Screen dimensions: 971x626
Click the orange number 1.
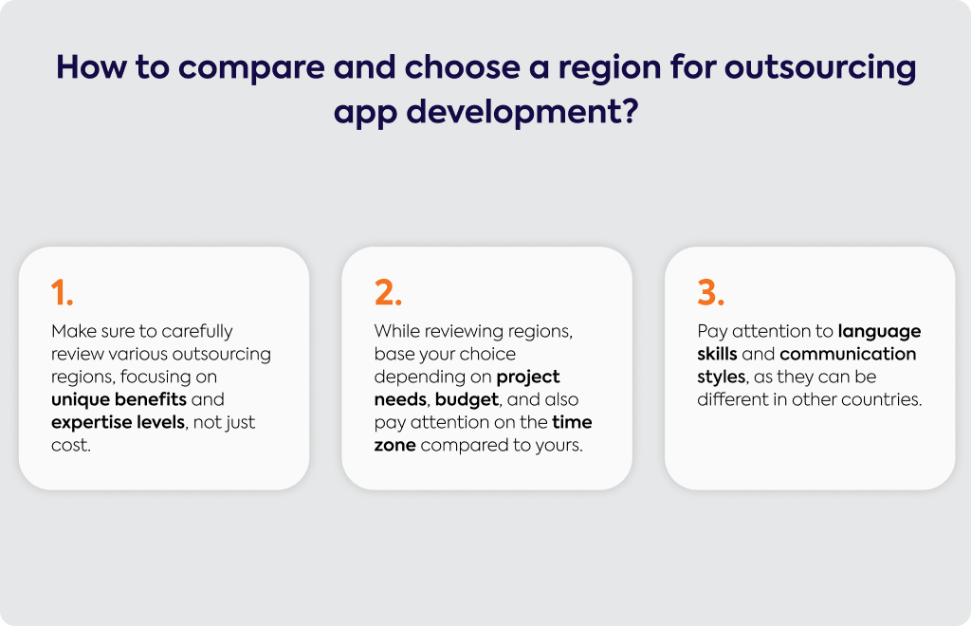[62, 292]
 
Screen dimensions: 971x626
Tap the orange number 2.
[388, 292]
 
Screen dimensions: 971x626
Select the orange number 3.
[711, 292]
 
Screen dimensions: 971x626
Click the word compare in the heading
[251, 67]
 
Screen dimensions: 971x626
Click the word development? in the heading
[522, 113]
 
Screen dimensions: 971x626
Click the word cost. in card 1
[70, 445]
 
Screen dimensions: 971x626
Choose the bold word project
[528, 377]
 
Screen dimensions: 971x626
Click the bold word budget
[467, 400]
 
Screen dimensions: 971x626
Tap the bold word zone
[395, 445]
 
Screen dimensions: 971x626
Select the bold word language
[879, 332]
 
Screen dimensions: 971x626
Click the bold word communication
[848, 354]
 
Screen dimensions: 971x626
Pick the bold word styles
[721, 377]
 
